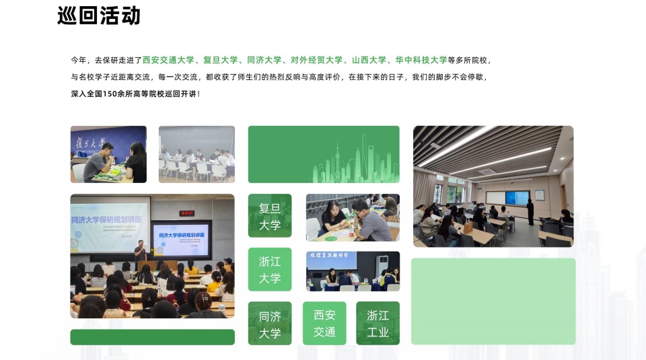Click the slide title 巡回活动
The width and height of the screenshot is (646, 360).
[x=99, y=15]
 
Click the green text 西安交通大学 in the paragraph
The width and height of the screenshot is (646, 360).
[x=168, y=60]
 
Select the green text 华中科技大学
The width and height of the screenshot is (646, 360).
[x=421, y=60]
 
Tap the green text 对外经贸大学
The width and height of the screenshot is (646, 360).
[x=316, y=60]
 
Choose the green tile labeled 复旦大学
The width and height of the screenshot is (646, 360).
[x=270, y=216]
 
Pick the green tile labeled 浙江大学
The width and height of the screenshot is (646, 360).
[x=270, y=269]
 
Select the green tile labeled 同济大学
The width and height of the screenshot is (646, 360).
[x=270, y=324]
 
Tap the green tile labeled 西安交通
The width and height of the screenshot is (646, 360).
[x=324, y=324]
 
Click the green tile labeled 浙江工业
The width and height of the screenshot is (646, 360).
[x=378, y=324]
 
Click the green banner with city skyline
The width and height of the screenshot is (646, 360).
[x=324, y=154]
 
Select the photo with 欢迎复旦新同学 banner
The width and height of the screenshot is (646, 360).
[x=353, y=271]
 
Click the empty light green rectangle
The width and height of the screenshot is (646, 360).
[x=493, y=301]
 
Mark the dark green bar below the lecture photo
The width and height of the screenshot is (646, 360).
[x=152, y=337]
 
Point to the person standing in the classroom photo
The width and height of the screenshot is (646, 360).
[x=530, y=211]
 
